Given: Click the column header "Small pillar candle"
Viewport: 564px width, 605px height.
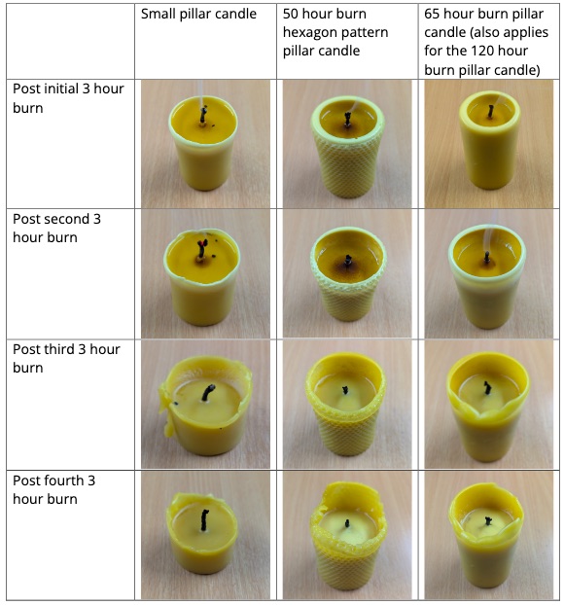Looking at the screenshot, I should (199, 15).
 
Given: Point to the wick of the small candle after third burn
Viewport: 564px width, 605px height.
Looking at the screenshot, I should (207, 393).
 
